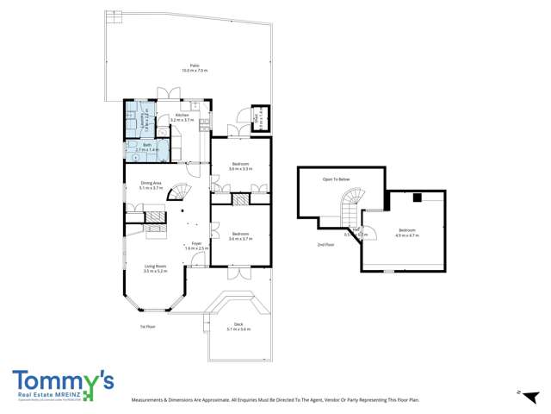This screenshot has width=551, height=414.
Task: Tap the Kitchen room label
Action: pyautogui.click(x=183, y=116)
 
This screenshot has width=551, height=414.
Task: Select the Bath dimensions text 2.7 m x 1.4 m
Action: pyautogui.click(x=148, y=150)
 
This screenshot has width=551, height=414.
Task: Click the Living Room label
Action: pyautogui.click(x=155, y=267)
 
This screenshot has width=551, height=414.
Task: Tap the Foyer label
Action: pyautogui.click(x=196, y=243)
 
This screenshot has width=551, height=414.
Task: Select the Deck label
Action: pyautogui.click(x=238, y=324)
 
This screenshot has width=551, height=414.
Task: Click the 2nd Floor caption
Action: pyautogui.click(x=325, y=245)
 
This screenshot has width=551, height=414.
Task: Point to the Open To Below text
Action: pyautogui.click(x=336, y=179)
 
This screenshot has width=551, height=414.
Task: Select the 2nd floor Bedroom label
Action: pyautogui.click(x=406, y=229)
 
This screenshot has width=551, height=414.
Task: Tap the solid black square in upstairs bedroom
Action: pyautogui.click(x=416, y=198)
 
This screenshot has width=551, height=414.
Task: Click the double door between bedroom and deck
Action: pyautogui.click(x=240, y=273)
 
